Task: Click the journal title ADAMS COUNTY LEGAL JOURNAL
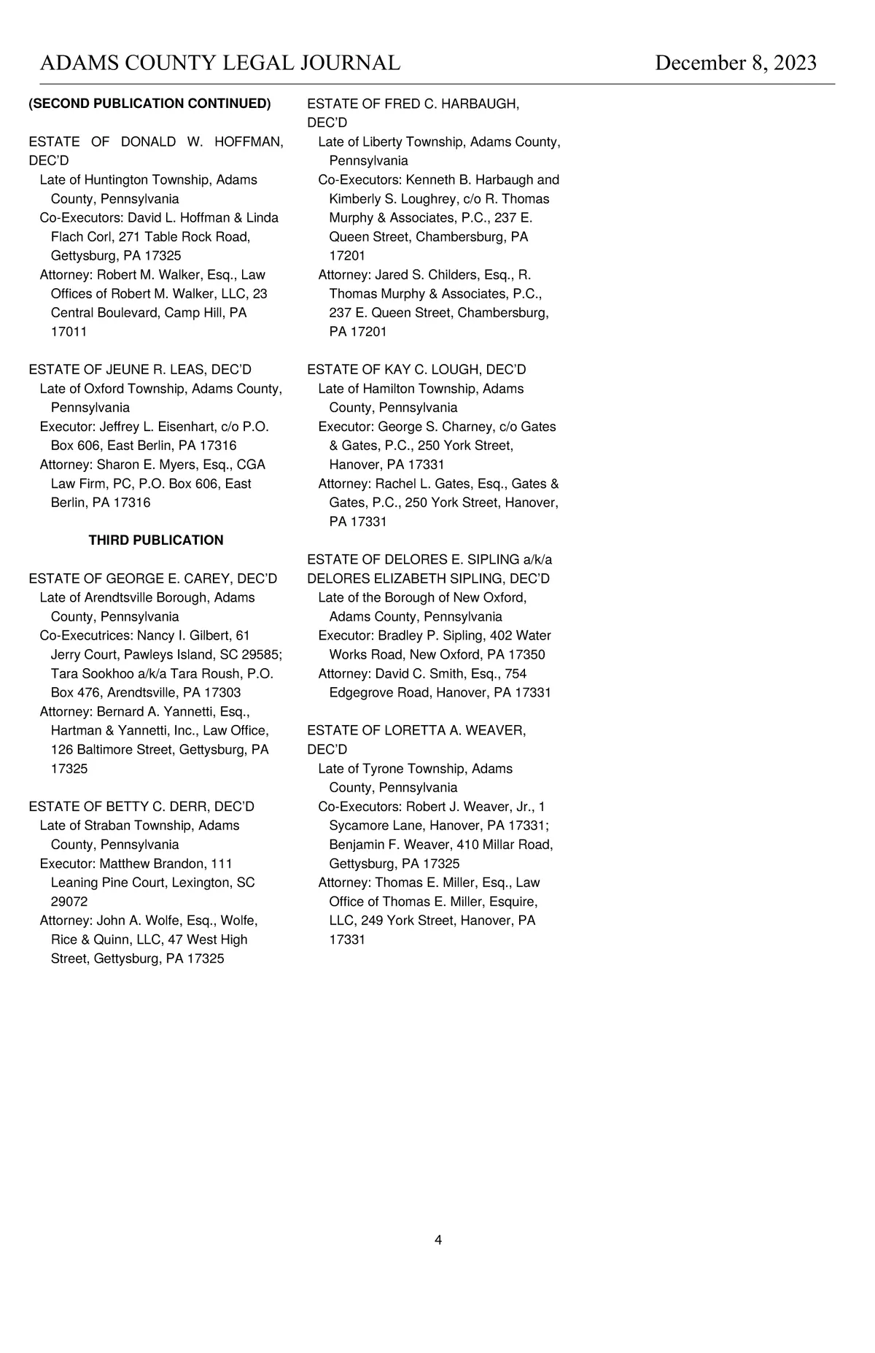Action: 220,63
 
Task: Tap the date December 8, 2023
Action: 736,63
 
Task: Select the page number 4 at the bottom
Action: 438,1240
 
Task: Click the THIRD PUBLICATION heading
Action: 156,540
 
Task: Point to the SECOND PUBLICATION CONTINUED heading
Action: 149,104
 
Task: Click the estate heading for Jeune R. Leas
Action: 140,370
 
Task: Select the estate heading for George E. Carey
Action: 153,578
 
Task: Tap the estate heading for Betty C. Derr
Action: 141,807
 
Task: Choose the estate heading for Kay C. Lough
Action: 416,370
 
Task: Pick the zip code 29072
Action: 69,902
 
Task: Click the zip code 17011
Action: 69,332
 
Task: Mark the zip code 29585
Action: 260,655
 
